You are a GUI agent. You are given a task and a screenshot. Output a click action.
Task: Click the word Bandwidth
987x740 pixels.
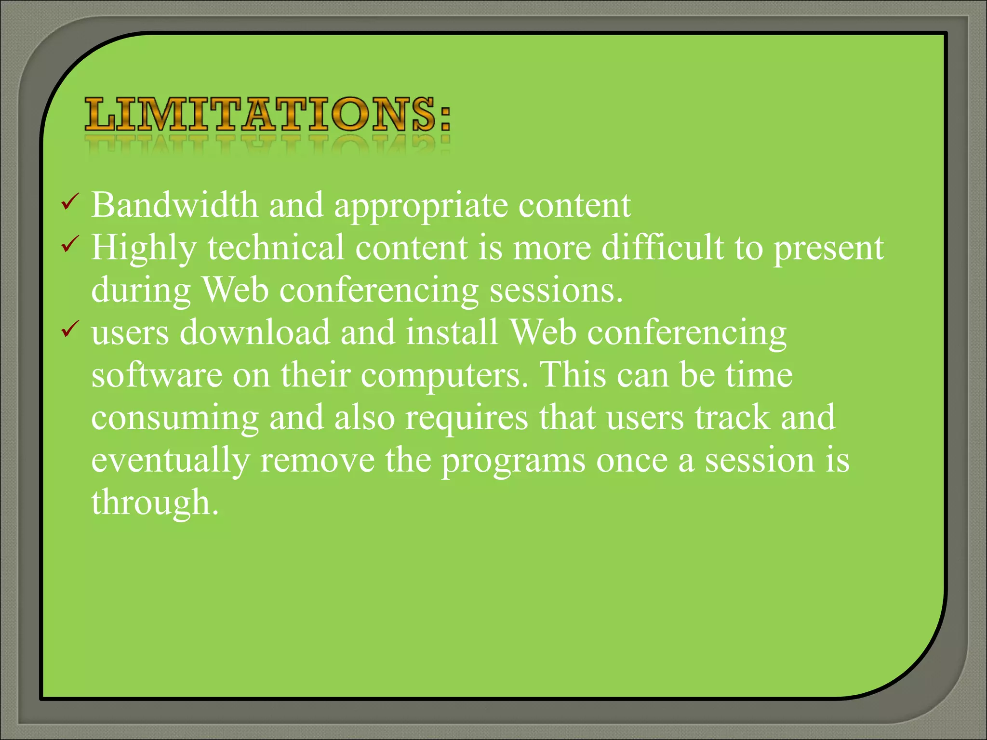click(174, 205)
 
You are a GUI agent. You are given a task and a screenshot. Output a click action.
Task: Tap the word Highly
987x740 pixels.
click(144, 248)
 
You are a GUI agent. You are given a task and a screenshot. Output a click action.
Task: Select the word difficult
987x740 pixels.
click(663, 247)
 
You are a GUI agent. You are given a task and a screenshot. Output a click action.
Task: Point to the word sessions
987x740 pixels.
click(556, 291)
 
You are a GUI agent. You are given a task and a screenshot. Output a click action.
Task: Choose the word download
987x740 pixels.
click(254, 332)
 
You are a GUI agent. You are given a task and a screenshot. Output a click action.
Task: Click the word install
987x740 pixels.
click(452, 332)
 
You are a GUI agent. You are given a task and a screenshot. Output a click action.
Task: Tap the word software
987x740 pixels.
click(157, 375)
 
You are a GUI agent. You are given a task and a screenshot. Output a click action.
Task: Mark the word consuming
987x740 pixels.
click(175, 418)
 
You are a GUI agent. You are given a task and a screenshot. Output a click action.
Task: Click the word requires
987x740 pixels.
click(467, 418)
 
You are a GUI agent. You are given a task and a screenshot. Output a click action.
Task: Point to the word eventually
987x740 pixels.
click(170, 461)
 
